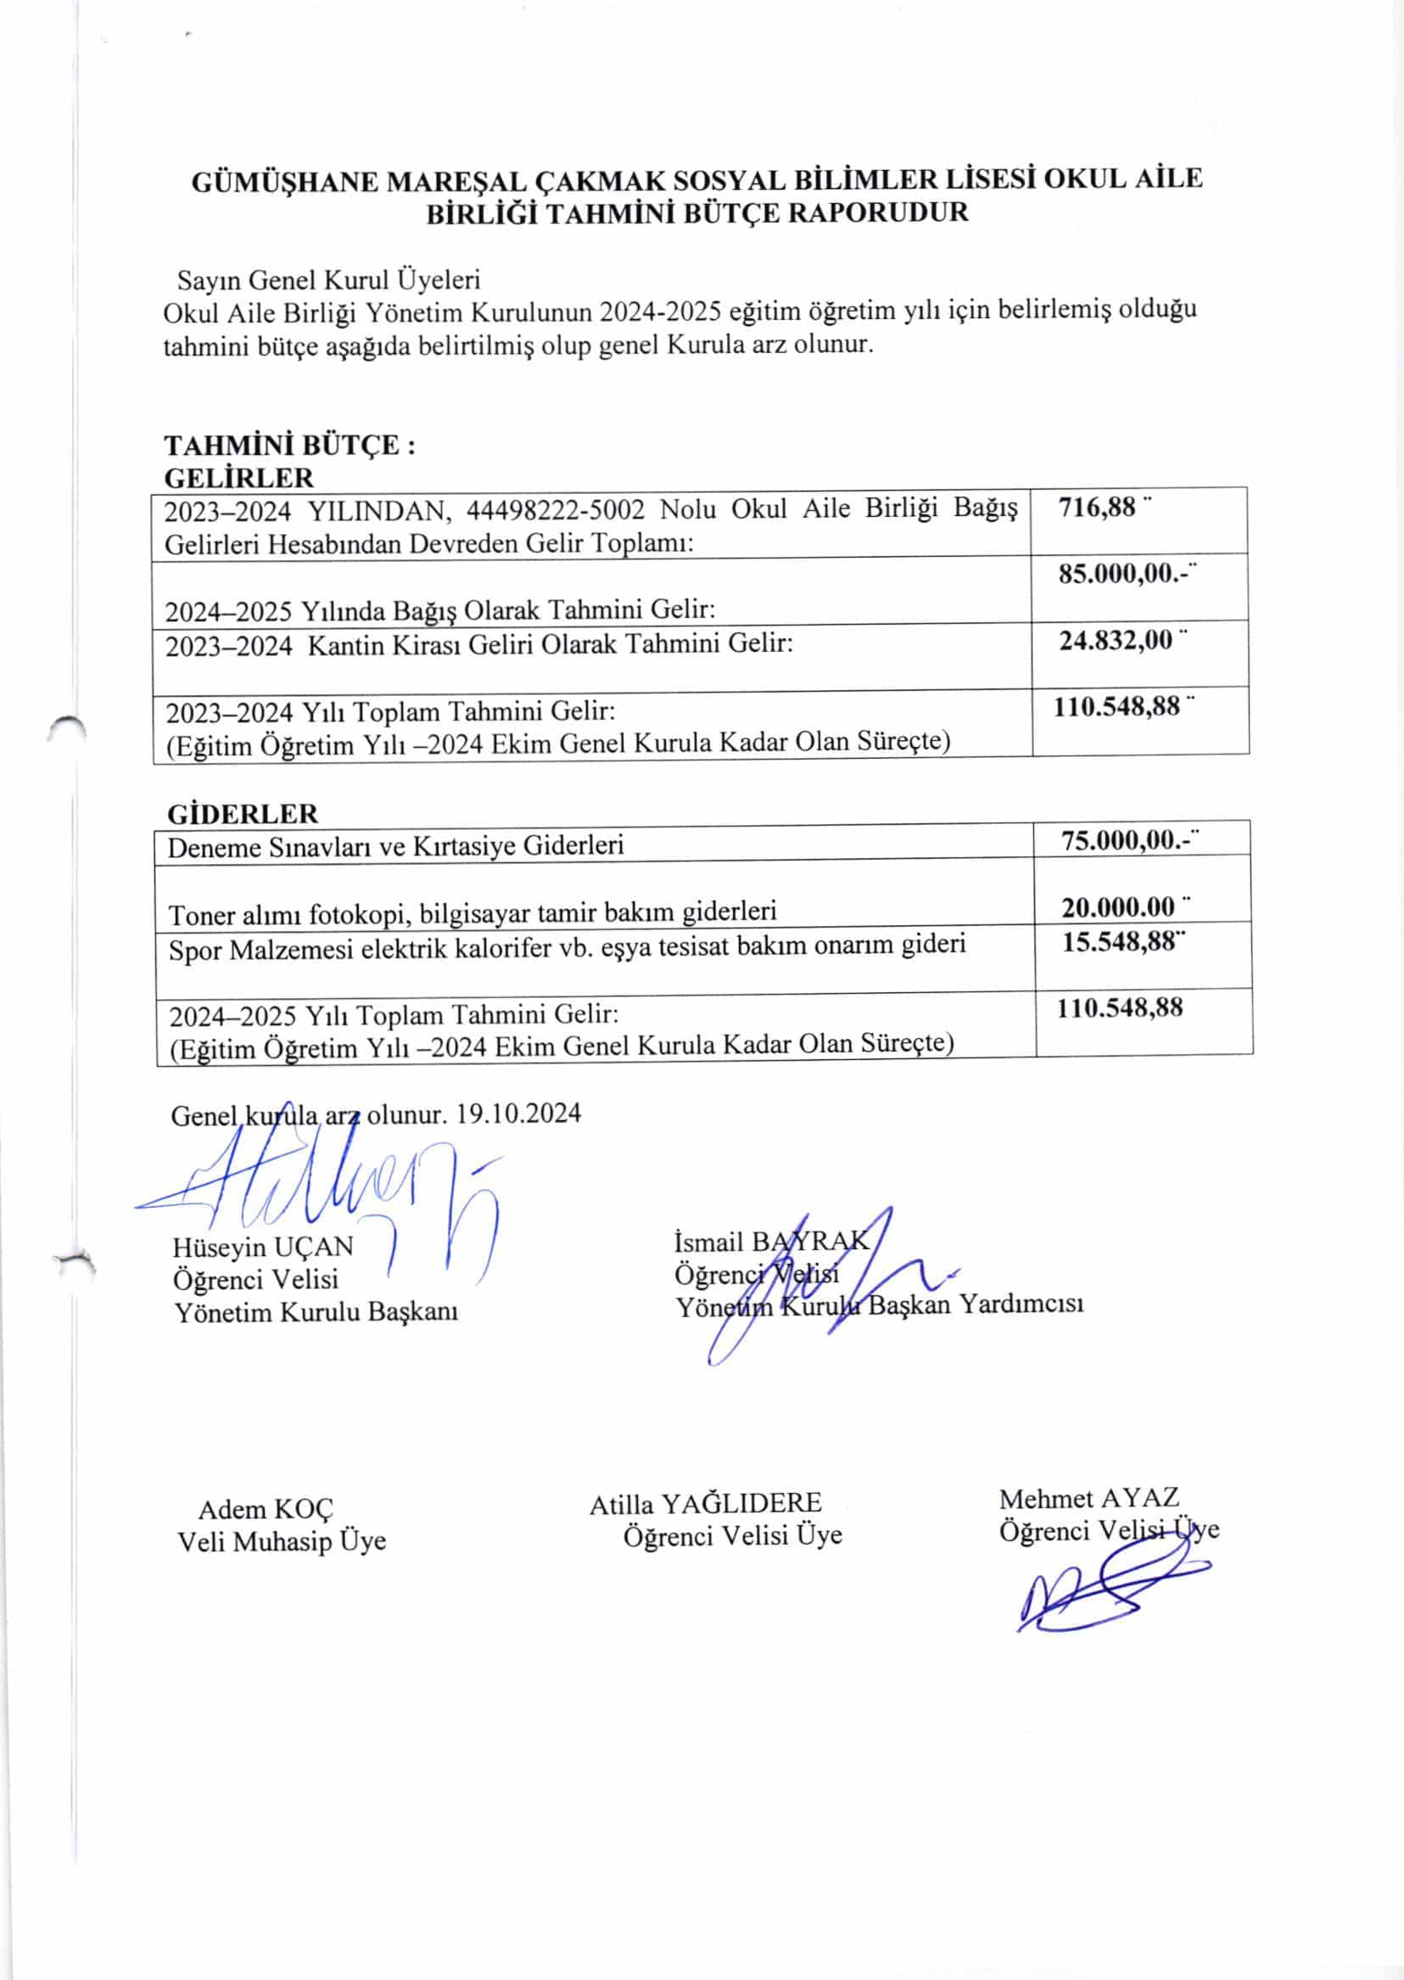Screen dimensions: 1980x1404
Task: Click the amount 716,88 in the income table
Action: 1096,507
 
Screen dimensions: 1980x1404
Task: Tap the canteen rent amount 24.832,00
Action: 1116,641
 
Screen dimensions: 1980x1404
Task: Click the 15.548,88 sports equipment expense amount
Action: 1119,941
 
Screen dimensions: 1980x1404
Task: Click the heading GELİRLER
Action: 238,477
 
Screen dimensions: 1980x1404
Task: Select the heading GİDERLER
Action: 242,814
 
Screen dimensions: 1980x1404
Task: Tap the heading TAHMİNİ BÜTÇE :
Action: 290,446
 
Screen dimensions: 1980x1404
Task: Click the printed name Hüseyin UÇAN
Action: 263,1247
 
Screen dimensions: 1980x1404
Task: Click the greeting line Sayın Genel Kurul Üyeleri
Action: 328,280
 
